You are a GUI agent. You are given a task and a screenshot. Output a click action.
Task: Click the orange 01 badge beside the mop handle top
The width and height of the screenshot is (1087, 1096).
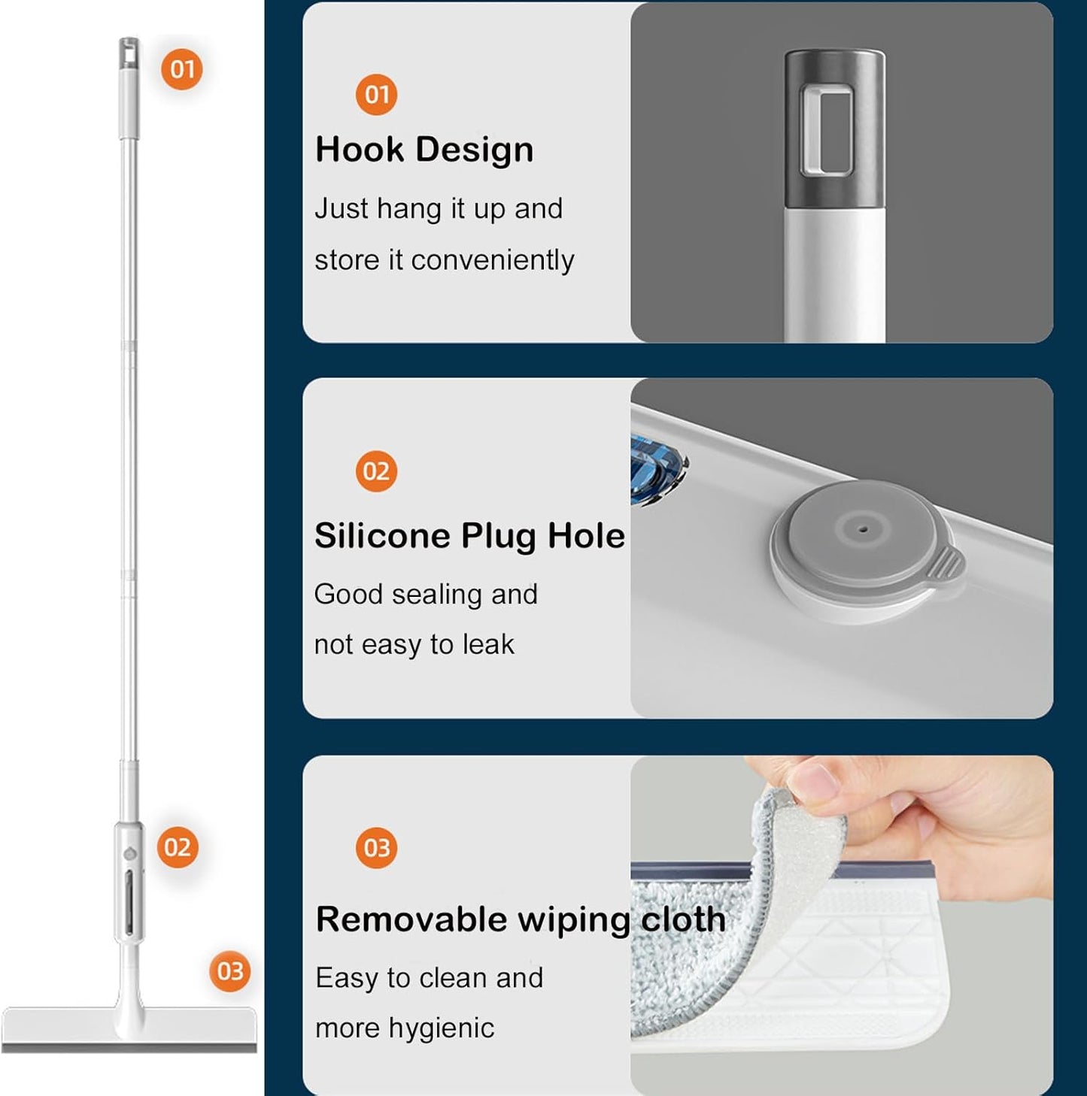[181, 69]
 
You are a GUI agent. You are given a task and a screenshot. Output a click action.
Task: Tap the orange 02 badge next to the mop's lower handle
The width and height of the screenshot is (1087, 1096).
[178, 847]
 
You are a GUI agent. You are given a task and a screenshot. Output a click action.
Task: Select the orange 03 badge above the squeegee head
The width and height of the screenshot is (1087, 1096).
[230, 971]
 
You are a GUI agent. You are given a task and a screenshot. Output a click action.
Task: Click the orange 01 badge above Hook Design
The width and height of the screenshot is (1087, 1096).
[376, 95]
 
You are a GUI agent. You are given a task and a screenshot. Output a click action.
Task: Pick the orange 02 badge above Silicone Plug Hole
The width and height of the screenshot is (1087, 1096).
[376, 471]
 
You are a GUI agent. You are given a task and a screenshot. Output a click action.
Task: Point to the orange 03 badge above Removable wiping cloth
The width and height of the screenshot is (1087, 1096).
[376, 847]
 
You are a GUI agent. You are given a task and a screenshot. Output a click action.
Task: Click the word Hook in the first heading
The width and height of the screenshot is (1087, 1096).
[360, 150]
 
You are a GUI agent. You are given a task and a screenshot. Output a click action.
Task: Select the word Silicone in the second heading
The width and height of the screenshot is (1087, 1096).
[383, 536]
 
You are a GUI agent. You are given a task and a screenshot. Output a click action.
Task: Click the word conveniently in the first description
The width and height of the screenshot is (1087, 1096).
[493, 261]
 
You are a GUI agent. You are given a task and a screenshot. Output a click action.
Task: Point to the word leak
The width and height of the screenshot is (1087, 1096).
[488, 644]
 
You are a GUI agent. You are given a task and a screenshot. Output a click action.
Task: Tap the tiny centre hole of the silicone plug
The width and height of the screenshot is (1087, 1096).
[864, 529]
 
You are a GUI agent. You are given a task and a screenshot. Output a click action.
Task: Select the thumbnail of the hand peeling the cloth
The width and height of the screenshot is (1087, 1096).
[842, 925]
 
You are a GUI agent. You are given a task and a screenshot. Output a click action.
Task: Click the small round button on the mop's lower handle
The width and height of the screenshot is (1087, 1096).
[130, 853]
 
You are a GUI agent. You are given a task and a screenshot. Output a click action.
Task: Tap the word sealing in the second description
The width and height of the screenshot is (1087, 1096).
[436, 595]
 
